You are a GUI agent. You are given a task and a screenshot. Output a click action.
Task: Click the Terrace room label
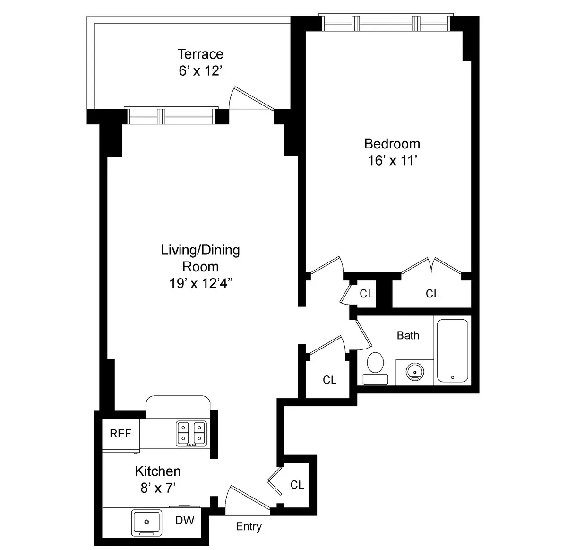tap(200, 54)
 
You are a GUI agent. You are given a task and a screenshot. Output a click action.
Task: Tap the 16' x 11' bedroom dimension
tap(392, 161)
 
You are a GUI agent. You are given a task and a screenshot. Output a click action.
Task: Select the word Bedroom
tap(392, 144)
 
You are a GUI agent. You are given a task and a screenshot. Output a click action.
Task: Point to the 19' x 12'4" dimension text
tap(200, 283)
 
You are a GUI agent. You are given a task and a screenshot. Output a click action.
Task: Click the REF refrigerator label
tap(120, 434)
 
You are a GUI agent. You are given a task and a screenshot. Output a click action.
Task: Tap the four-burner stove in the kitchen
tap(192, 434)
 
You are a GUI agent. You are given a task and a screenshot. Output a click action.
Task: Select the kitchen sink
tap(146, 522)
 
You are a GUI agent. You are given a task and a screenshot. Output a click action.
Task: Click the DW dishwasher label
tap(185, 520)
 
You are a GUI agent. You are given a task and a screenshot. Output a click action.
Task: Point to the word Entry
tap(249, 526)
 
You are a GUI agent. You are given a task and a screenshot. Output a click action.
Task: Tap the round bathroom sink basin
tap(414, 371)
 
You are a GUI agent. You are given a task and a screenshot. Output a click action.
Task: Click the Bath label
tap(408, 335)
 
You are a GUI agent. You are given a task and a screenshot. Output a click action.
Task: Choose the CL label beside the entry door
tap(297, 485)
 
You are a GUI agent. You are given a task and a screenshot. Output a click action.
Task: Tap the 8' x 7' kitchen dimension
tap(158, 488)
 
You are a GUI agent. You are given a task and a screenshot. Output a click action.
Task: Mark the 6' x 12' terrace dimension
tap(200, 71)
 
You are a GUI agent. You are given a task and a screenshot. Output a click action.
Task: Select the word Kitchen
tap(158, 471)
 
